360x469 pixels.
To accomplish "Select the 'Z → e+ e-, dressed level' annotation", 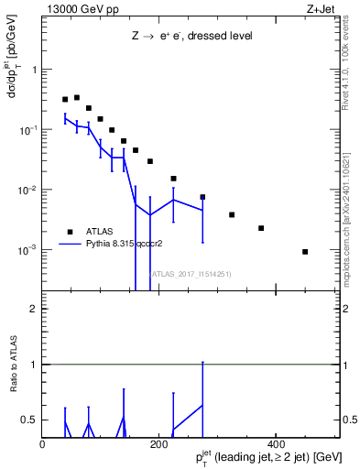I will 191,36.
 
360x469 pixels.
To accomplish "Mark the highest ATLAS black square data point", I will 77,97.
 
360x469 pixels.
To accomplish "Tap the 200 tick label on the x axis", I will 158,444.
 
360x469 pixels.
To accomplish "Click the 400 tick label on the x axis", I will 276,444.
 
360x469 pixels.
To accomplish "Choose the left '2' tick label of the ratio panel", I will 33,310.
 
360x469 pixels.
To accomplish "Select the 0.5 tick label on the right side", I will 350,420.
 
